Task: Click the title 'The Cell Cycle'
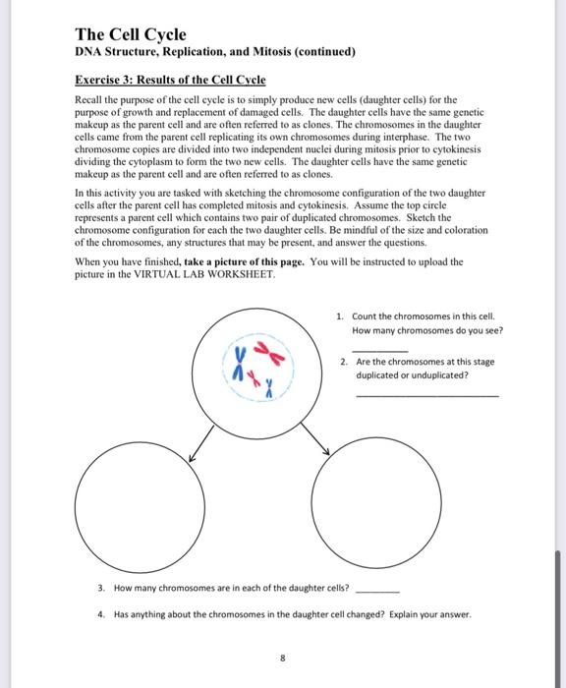(x=130, y=34)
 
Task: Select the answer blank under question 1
(x=378, y=350)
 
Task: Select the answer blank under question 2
(x=426, y=395)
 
